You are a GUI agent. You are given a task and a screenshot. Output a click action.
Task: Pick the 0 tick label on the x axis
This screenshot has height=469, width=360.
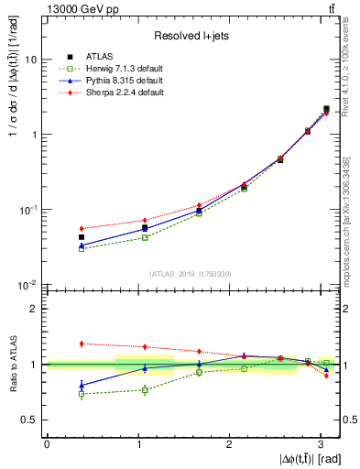[x=47, y=443]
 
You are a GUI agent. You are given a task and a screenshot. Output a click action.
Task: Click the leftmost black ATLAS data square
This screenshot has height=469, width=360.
[x=82, y=237]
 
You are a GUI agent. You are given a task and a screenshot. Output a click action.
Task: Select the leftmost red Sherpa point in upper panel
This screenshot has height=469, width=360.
[x=82, y=228]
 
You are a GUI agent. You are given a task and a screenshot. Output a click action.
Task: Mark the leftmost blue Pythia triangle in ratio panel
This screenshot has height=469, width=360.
[x=82, y=385]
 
